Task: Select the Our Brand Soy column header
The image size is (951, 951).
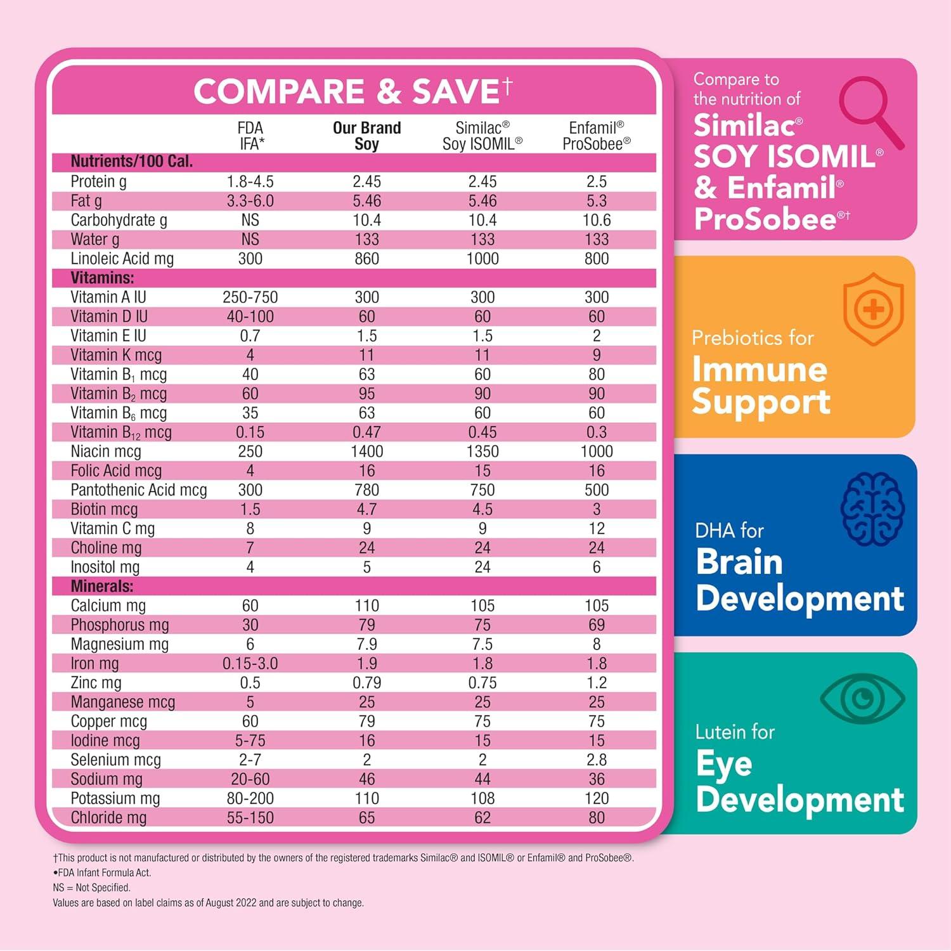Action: (x=366, y=136)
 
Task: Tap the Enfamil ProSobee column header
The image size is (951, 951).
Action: (x=596, y=136)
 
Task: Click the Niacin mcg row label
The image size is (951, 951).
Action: (x=106, y=451)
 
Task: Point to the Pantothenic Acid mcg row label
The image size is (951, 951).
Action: (x=139, y=490)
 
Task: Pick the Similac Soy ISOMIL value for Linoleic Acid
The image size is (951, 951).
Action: (x=482, y=259)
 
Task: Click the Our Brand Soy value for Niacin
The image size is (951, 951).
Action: (x=366, y=451)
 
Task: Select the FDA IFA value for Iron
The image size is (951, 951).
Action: (x=250, y=664)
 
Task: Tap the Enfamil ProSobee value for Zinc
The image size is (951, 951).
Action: (x=596, y=683)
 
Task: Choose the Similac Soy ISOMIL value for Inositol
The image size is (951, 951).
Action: (x=482, y=567)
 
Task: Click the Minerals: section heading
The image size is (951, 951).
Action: (x=102, y=586)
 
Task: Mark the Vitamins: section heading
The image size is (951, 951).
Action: (x=102, y=278)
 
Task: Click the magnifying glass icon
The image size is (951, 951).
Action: (x=871, y=112)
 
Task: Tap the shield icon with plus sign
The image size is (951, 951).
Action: (x=873, y=309)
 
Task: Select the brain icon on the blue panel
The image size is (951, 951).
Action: (x=872, y=509)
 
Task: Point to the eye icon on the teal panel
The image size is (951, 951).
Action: (x=862, y=699)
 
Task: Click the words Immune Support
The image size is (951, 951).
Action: (x=761, y=385)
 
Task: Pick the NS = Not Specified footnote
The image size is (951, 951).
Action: (x=92, y=888)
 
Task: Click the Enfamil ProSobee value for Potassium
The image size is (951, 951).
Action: (x=596, y=798)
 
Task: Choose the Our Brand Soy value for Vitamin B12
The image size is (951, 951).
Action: (x=366, y=432)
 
